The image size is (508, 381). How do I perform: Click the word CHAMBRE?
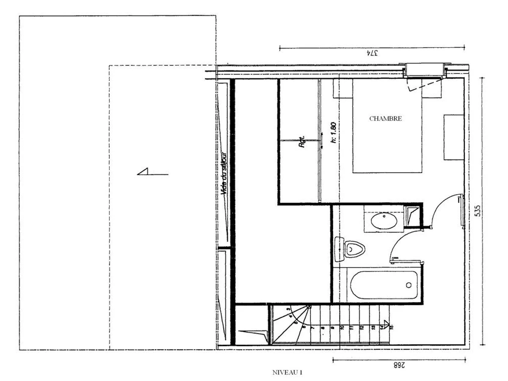385,119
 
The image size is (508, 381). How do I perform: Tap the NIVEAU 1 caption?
287,373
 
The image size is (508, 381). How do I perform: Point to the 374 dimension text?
371,54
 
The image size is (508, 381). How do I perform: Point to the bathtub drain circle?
409,285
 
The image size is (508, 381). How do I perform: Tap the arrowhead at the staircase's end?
386,325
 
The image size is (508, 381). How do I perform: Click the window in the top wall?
424,70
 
